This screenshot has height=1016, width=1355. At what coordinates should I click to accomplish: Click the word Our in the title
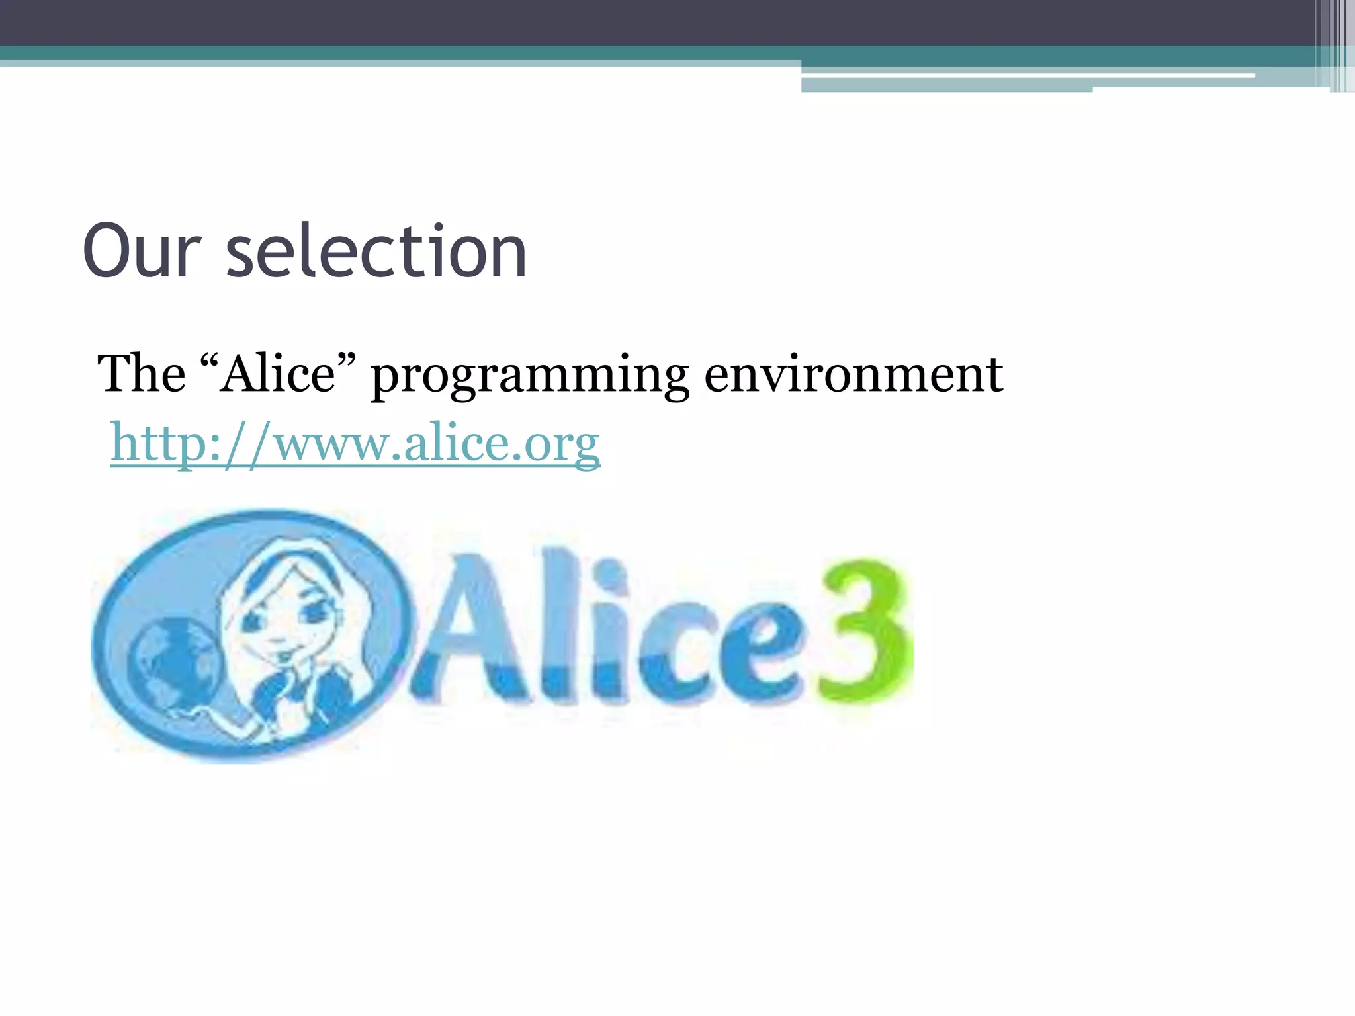(142, 251)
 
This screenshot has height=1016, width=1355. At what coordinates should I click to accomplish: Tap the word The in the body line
(141, 374)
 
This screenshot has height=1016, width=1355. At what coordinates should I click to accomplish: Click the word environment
(853, 374)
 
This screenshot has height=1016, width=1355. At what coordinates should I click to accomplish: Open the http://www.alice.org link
(355, 443)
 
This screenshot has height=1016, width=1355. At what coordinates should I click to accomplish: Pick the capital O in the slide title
(109, 251)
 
